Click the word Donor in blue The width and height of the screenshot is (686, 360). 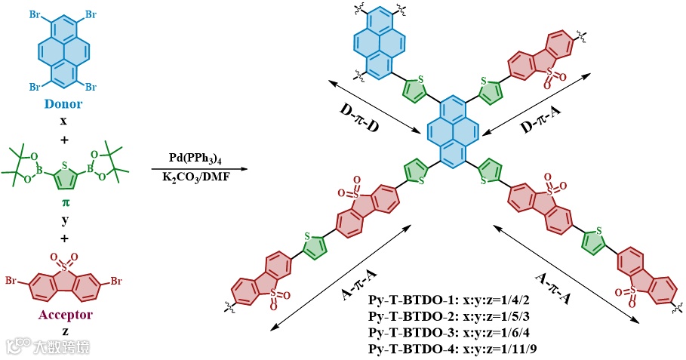point(63,104)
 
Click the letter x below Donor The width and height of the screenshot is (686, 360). point(63,119)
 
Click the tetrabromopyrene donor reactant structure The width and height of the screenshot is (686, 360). point(63,51)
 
